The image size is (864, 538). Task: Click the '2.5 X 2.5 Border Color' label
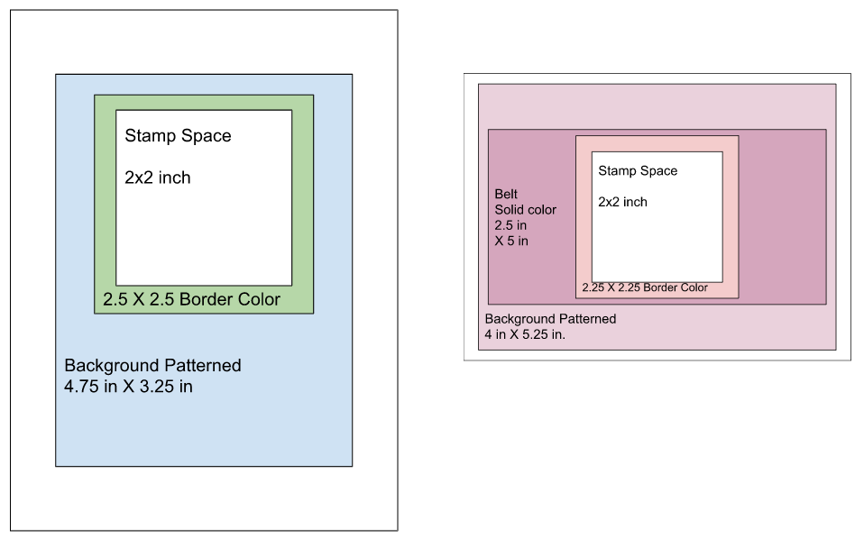coord(192,299)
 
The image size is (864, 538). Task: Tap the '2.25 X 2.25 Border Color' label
coord(645,288)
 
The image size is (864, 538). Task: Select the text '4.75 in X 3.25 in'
coord(128,388)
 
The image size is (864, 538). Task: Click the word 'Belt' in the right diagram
coord(507,194)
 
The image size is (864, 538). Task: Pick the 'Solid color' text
coord(526,210)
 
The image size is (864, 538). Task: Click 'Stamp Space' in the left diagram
coord(178,136)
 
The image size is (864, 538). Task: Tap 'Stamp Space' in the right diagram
coord(638,170)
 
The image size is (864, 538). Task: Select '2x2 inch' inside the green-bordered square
coord(158,178)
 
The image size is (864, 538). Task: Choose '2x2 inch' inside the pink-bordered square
coord(622,202)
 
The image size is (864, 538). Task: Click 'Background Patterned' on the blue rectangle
coord(152,366)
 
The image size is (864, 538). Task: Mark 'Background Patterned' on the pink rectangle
coord(550,319)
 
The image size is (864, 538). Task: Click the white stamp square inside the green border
coord(205,225)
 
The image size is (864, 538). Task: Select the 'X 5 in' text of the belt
coord(511,241)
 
